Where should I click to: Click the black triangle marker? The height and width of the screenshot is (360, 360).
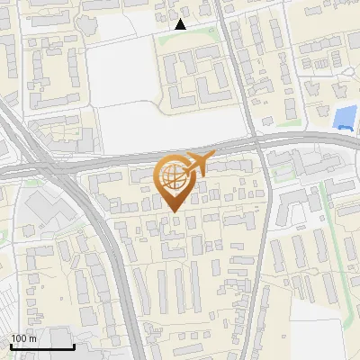click(181, 24)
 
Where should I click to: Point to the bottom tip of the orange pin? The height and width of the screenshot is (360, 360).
click(173, 212)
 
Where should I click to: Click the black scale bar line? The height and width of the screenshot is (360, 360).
click(42, 347)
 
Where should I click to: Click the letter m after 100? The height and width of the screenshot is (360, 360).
click(32, 338)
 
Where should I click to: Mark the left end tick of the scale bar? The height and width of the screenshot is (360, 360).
click(11, 346)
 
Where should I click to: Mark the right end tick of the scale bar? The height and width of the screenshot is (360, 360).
click(74, 346)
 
